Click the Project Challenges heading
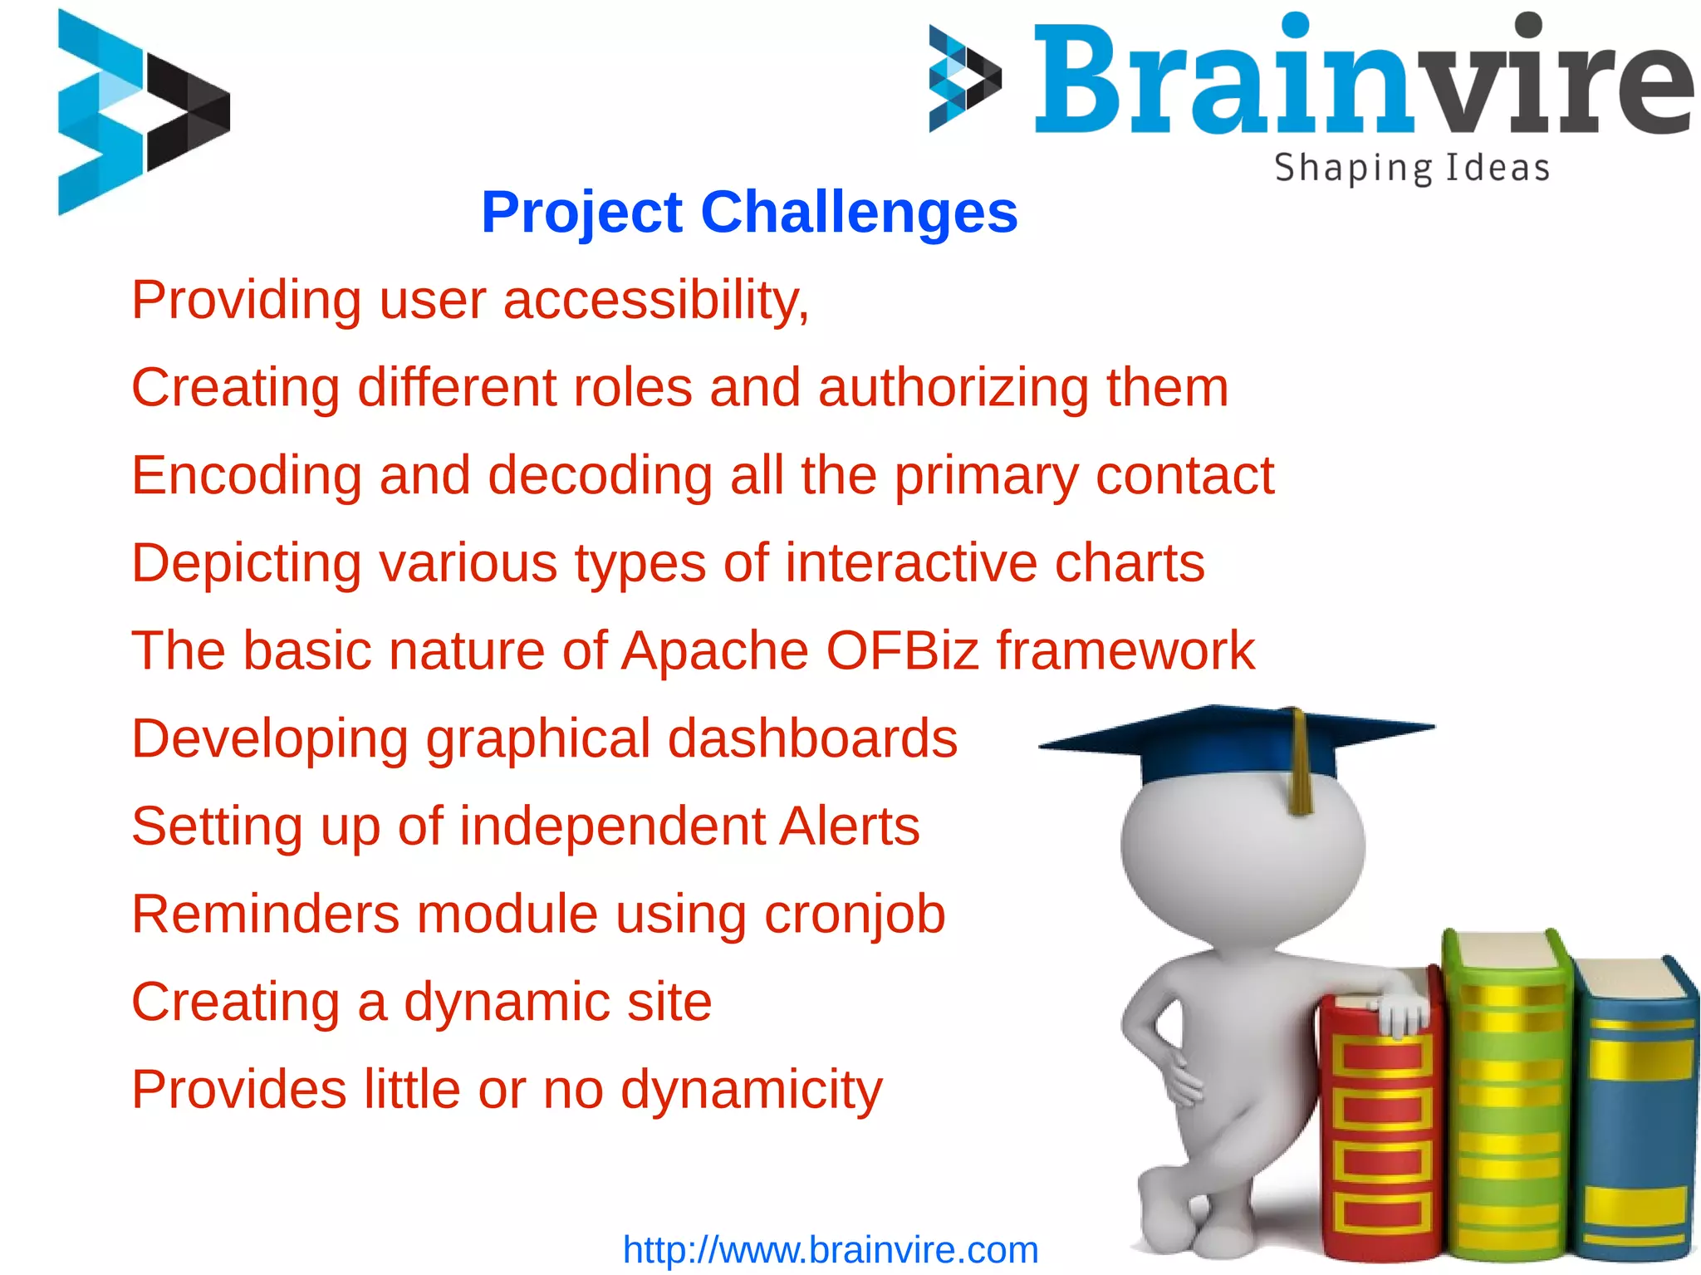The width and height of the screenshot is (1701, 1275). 749,213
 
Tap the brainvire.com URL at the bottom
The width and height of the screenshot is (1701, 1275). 831,1250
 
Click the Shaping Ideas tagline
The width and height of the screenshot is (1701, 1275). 1412,169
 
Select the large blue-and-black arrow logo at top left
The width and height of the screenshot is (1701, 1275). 141,112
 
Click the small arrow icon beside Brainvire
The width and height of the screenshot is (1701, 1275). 963,79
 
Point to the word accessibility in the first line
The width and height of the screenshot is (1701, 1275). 656,300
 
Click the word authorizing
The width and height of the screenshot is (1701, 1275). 953,388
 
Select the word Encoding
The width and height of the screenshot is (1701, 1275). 247,476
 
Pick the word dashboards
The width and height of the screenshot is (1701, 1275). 812,738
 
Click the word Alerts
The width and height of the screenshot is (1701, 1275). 849,826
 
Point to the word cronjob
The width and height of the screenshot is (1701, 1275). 855,915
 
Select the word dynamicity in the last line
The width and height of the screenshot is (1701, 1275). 752,1090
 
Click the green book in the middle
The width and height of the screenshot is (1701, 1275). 1507,1105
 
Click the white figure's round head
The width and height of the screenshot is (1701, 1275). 1242,856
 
